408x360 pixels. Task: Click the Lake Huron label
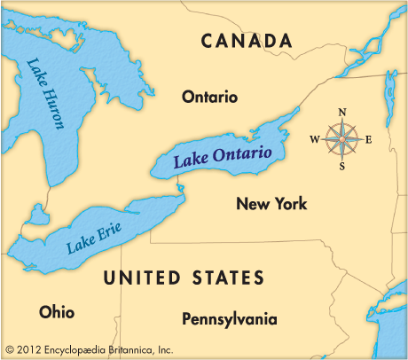tap(46, 93)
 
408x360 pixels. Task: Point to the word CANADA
tap(247, 41)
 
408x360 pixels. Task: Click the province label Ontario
tap(209, 96)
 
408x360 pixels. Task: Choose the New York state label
tap(271, 204)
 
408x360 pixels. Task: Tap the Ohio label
tap(57, 312)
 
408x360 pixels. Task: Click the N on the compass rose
tap(342, 112)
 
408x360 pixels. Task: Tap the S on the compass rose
tap(341, 166)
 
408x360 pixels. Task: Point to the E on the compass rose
tap(368, 139)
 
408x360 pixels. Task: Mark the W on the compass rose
tap(314, 139)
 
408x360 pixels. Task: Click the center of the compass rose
tap(341, 138)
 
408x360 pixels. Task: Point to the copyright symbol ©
tap(9, 348)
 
